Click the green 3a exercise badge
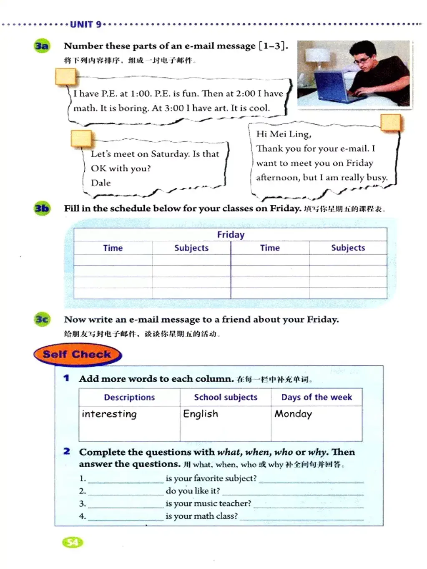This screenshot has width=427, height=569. (x=41, y=46)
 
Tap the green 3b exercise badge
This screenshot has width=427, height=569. (x=42, y=208)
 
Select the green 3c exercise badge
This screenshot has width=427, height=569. (x=42, y=320)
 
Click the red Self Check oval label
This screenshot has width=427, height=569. (x=77, y=355)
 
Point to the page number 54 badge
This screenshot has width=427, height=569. (x=73, y=542)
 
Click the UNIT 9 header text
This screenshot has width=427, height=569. (x=85, y=24)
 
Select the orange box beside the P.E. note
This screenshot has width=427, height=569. (x=65, y=77)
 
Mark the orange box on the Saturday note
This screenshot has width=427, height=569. (x=81, y=138)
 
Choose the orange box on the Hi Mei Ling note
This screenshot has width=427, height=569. (x=390, y=123)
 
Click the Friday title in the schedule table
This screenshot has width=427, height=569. (x=231, y=235)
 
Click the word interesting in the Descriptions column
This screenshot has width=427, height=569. (x=109, y=414)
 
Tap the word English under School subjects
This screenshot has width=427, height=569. (x=201, y=414)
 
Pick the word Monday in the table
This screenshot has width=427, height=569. (x=293, y=414)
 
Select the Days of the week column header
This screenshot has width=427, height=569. (x=316, y=397)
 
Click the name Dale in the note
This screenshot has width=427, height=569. (x=101, y=183)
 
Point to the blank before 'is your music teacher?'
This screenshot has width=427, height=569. (x=126, y=504)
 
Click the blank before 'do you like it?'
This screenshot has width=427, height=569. (x=126, y=491)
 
